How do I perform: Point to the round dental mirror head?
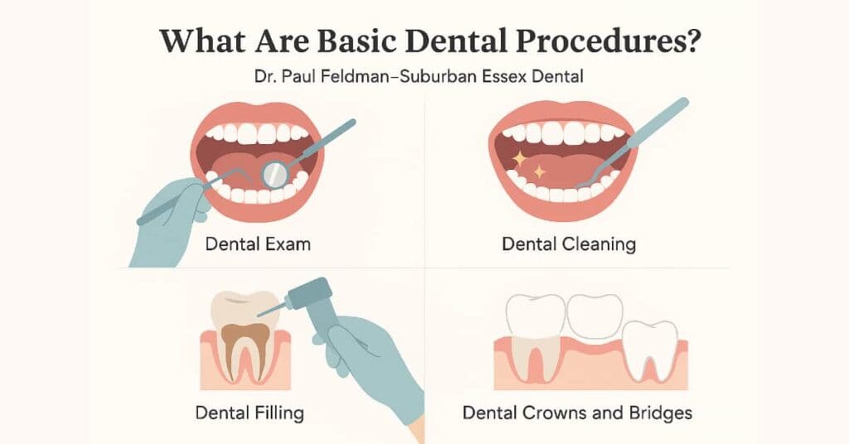coord(274,172)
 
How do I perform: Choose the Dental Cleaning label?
coord(569,244)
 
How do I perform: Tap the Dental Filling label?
coord(250,412)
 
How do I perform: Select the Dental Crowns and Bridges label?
coord(577,412)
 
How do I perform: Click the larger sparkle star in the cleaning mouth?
coord(520,157)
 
